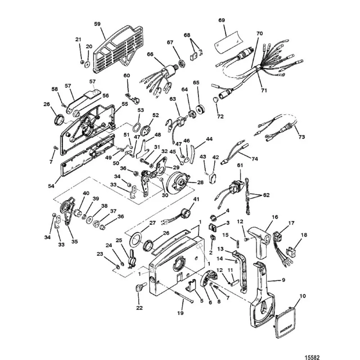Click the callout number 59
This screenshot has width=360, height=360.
point(97,24)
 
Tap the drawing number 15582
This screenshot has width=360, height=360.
point(312,357)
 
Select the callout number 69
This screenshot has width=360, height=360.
point(221,20)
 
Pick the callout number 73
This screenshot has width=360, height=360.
point(301,137)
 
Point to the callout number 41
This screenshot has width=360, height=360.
point(196,199)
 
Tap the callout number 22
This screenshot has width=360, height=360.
point(139,308)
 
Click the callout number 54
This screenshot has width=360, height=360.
point(51,186)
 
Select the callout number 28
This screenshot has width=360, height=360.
point(200,182)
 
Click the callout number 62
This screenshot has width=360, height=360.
point(266,195)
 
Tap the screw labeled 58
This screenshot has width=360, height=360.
point(64,105)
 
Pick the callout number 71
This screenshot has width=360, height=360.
point(264,90)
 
